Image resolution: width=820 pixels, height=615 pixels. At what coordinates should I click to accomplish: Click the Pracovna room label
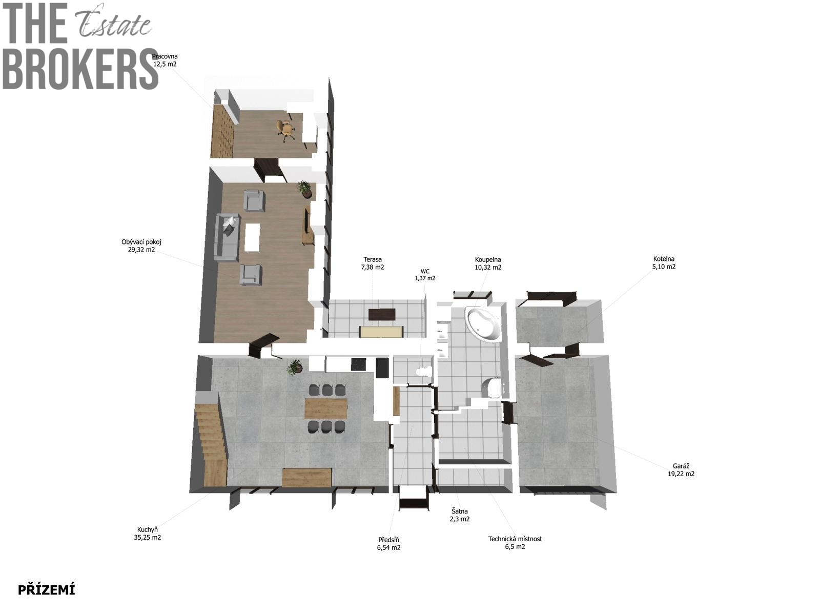coord(165,60)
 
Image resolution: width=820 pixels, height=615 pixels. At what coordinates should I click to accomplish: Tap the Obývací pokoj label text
coord(141,245)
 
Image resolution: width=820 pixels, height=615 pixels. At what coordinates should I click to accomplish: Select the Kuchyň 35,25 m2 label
coord(148,533)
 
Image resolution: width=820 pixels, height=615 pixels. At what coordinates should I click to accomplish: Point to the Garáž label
coord(681,470)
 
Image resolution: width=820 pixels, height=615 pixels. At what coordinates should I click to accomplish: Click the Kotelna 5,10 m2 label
coord(664,262)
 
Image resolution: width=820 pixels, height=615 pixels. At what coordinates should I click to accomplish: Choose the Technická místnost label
coord(515,543)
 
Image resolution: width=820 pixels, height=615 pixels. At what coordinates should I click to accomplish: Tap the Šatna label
coord(460,515)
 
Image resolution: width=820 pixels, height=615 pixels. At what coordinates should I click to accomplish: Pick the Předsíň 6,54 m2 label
coord(388,543)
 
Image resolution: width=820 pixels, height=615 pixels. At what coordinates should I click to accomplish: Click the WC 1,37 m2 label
coord(425,275)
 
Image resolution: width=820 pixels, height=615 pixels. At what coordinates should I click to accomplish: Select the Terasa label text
coord(373,263)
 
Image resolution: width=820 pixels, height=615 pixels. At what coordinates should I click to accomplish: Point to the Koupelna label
coord(488,263)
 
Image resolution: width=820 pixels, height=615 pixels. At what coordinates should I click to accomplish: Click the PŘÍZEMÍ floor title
coord(46,589)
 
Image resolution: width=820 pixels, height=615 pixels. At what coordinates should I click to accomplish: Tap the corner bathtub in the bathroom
coord(482,323)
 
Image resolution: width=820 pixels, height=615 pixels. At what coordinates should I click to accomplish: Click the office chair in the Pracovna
coord(286,130)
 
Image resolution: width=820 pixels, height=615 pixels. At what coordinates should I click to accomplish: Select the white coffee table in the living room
coord(252,237)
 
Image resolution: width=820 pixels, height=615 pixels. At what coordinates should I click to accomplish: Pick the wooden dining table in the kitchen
coord(326,408)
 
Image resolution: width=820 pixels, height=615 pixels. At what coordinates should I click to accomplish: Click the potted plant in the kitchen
coord(295,366)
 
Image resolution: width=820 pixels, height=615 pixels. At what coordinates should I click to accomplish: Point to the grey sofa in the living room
coord(227,237)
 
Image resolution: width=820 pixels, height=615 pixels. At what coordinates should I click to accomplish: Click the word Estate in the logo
coord(113,23)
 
